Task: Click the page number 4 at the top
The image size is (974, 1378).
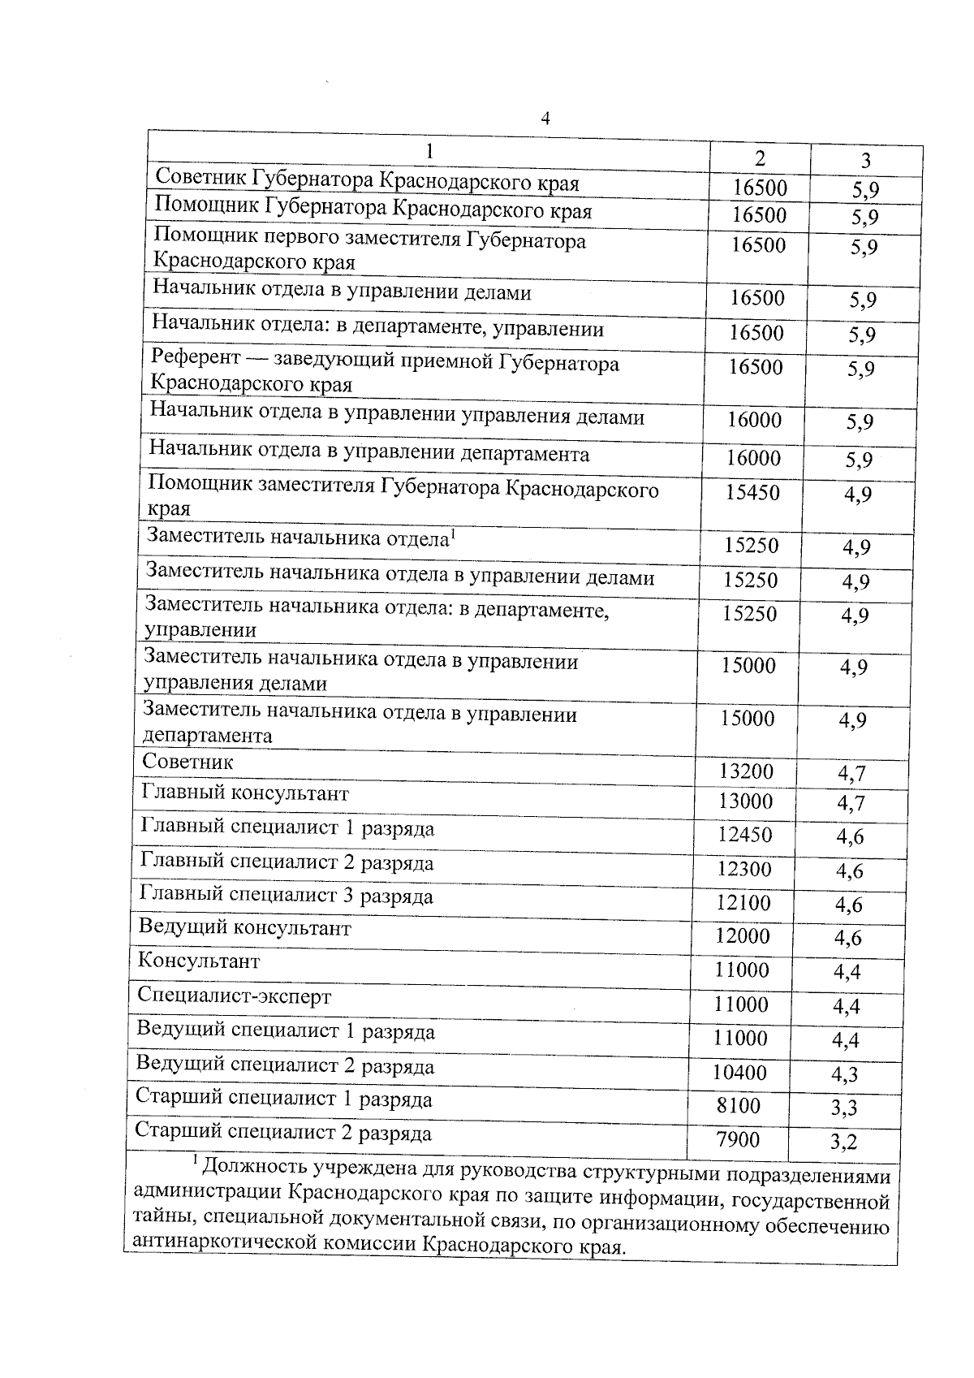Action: [x=545, y=119]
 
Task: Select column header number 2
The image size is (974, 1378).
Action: [x=760, y=158]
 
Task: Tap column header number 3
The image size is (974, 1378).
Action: [x=866, y=160]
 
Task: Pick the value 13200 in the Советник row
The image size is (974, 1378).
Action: [x=746, y=771]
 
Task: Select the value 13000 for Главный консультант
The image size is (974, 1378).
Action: [x=746, y=801]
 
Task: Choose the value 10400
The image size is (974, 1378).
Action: [x=739, y=1072]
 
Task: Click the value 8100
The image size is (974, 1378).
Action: [x=739, y=1105]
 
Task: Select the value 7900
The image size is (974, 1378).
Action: [x=738, y=1139]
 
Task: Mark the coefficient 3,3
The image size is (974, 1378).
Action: [x=845, y=1108]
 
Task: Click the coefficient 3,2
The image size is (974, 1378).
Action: [x=844, y=1143]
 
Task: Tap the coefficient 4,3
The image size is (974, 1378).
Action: [x=846, y=1074]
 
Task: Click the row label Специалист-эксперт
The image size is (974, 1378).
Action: [x=235, y=996]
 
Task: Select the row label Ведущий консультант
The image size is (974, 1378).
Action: [x=244, y=927]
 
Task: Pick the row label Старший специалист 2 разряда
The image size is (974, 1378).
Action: [x=282, y=1132]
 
